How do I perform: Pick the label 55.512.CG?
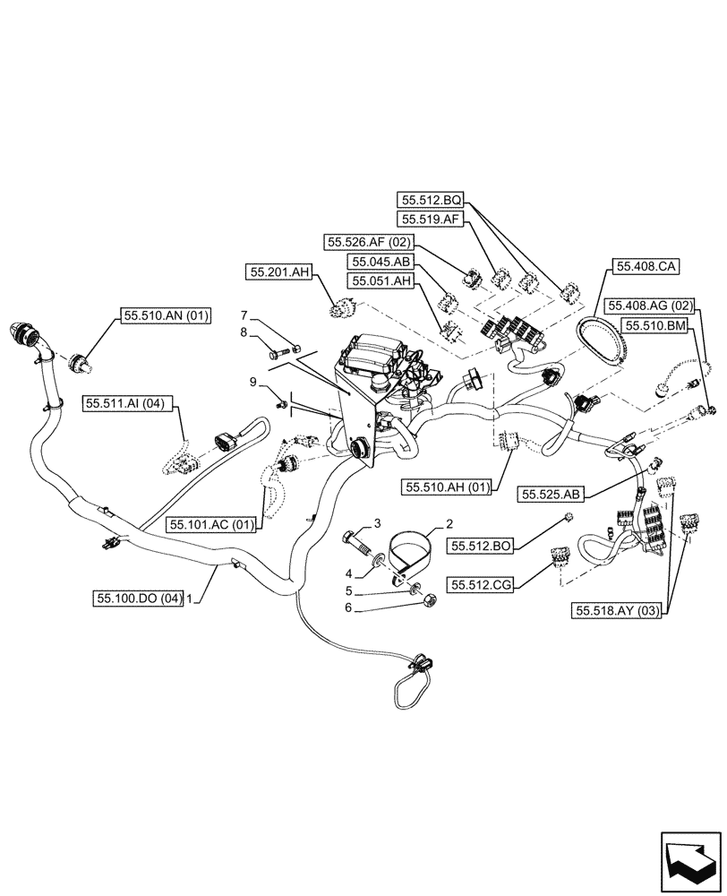(x=481, y=585)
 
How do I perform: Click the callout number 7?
(x=243, y=315)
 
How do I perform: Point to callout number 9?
(x=253, y=383)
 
